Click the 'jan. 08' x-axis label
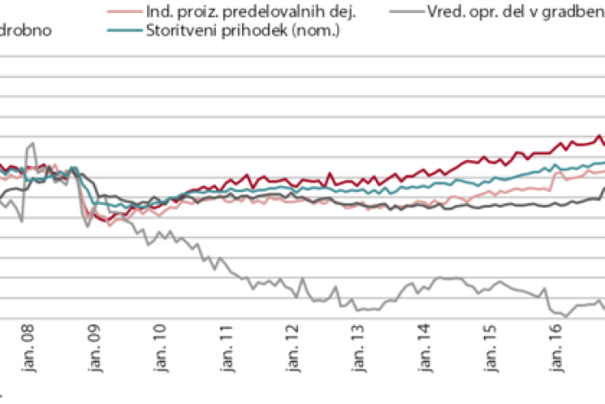point(28,343)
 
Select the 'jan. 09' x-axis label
point(94,343)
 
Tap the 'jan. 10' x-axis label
point(160,343)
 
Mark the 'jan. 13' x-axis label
point(358,343)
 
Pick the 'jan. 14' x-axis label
point(423,343)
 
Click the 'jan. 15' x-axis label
point(490,343)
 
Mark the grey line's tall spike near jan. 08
point(32,144)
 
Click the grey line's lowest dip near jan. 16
point(565,316)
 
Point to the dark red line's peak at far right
point(599,136)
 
